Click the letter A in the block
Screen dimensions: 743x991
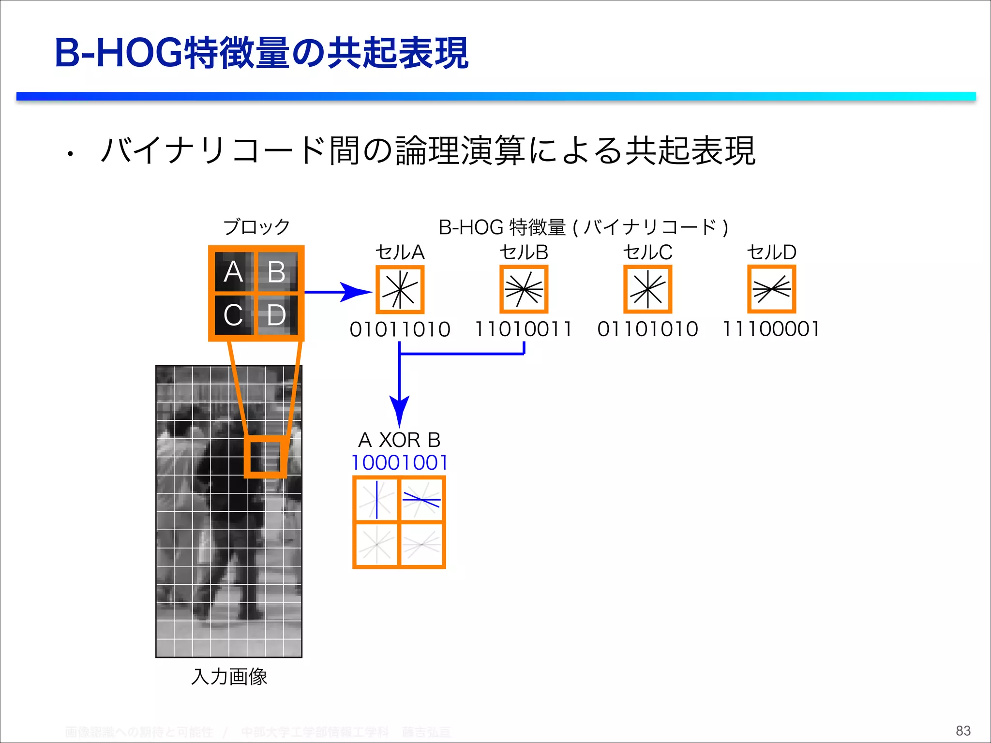pos(233,271)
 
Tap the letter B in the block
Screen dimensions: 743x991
pos(276,272)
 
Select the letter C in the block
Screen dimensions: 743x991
pos(233,315)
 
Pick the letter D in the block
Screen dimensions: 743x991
pos(276,315)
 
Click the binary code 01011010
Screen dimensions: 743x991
pos(400,329)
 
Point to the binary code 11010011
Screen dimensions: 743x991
pos(524,329)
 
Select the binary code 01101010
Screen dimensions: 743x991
pos(647,329)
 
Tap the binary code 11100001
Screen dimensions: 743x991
pos(771,329)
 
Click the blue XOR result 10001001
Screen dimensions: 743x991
pos(400,463)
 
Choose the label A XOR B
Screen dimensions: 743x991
pos(400,440)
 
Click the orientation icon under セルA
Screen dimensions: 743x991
pos(400,289)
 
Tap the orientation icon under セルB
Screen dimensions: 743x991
pos(524,289)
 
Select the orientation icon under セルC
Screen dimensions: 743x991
pos(648,289)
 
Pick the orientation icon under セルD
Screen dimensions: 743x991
pos(772,289)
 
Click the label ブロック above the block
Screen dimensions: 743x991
pos(256,227)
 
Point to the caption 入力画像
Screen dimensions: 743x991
pos(229,677)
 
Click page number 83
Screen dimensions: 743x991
pos(963,730)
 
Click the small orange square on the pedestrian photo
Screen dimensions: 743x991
pos(265,457)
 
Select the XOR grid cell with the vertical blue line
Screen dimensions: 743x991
pos(376,499)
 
